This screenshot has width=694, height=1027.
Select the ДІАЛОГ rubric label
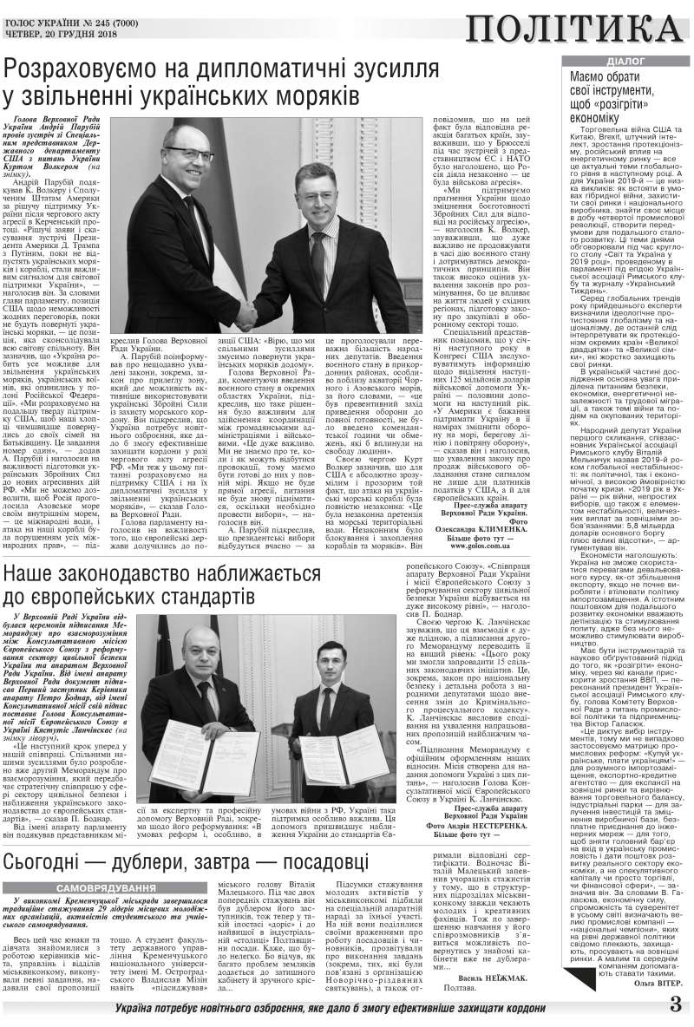(619, 62)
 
